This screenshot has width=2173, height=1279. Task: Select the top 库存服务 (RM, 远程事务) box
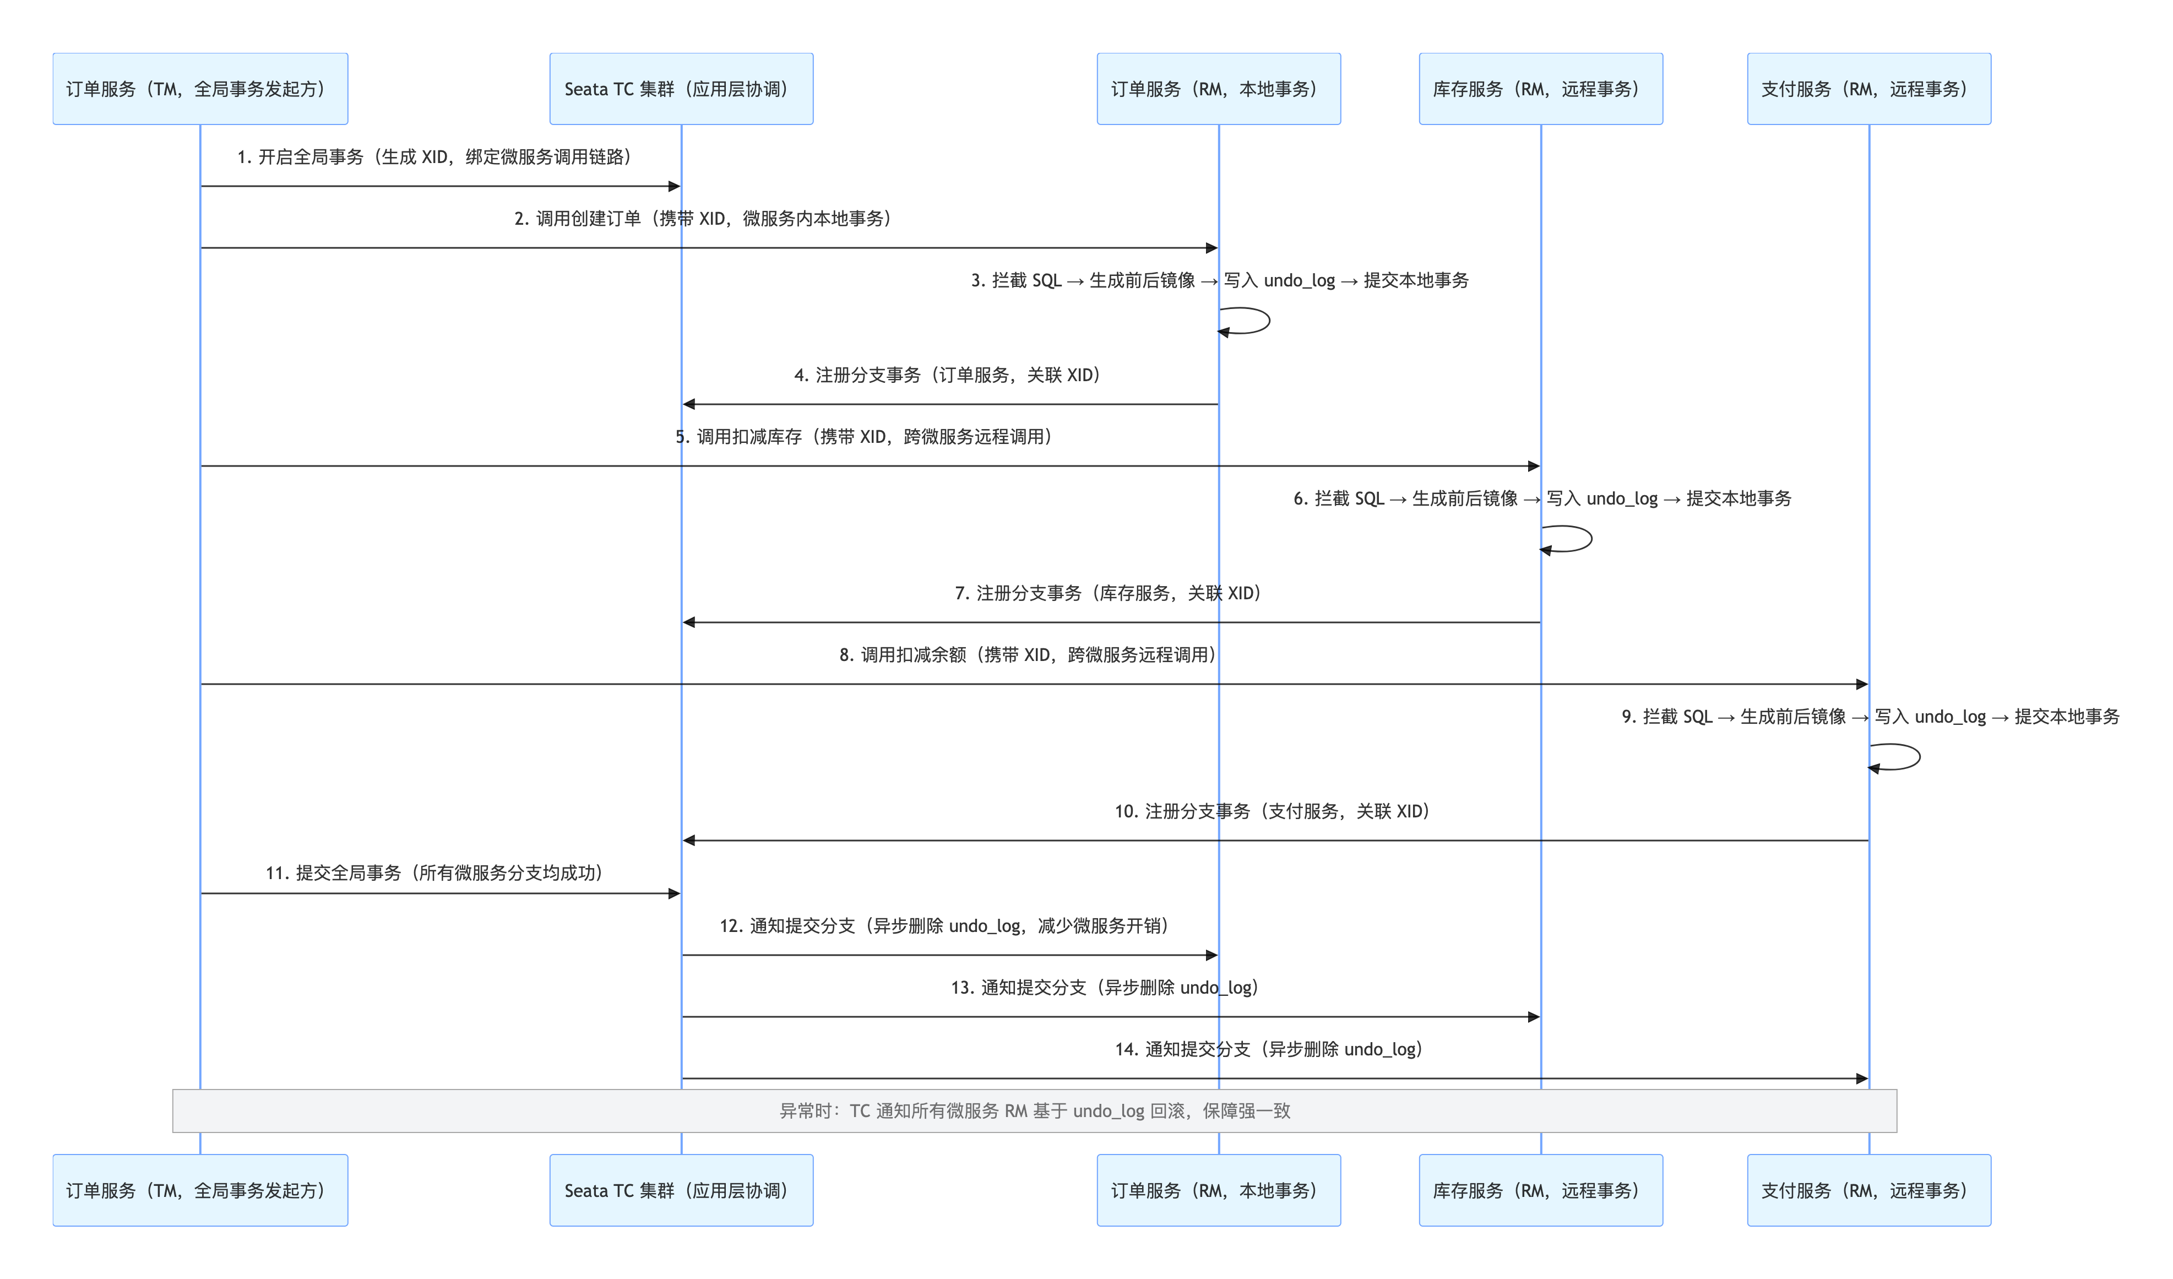[1540, 89]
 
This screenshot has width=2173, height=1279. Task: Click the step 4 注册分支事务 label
[947, 375]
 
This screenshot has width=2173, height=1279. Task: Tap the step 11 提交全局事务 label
[434, 873]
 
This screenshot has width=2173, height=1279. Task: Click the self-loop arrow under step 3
[1247, 321]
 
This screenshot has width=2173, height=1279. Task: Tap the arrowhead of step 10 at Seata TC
[688, 840]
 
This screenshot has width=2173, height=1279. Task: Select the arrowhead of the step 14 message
[1862, 1078]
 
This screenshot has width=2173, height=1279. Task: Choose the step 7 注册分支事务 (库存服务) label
[1108, 593]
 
